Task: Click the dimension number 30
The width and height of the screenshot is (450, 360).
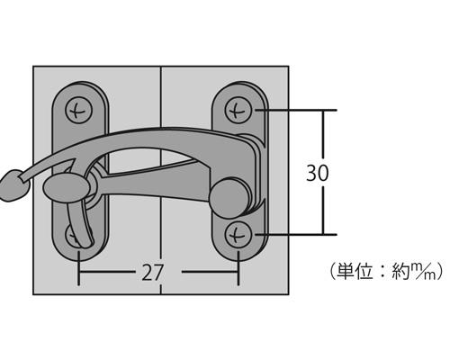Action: coord(318,173)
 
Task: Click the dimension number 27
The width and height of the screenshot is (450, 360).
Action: coord(152,273)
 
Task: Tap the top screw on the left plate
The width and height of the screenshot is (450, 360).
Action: coord(78,112)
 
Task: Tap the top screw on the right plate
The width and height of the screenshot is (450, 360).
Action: coord(238,112)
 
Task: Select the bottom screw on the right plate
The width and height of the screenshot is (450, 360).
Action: coord(238,235)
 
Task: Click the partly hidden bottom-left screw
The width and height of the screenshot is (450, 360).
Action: coord(71,236)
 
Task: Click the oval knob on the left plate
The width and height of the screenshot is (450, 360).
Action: coord(67,187)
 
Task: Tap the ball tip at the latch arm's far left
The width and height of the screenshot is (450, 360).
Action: coord(14,185)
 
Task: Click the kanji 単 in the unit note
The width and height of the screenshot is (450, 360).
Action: coord(346,272)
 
